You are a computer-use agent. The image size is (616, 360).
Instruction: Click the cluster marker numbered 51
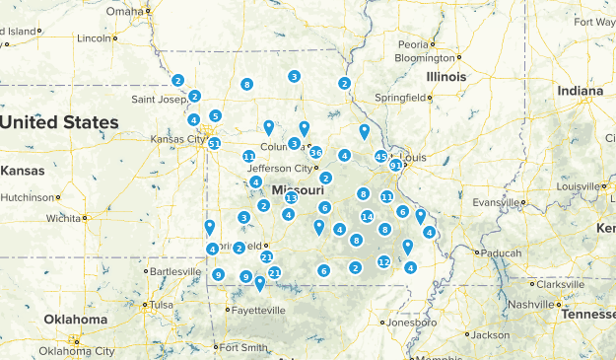[x=214, y=144]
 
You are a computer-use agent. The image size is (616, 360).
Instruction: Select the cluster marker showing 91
[x=395, y=166]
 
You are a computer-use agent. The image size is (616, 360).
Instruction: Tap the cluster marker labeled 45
[x=381, y=157]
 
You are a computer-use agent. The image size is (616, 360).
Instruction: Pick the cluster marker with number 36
[x=315, y=153]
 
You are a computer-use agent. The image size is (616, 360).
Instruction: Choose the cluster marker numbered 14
[x=367, y=217]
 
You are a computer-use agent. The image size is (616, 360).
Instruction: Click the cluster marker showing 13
[x=291, y=198]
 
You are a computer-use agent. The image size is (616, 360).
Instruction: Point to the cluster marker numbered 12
[x=384, y=262]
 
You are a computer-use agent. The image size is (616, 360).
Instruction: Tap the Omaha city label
[x=125, y=12]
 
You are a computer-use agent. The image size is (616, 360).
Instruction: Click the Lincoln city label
[x=94, y=38]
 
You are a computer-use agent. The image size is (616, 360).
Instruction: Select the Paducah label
[x=502, y=252]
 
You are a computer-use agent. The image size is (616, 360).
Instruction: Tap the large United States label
[x=59, y=122]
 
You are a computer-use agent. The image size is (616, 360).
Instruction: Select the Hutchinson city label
[x=27, y=197]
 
